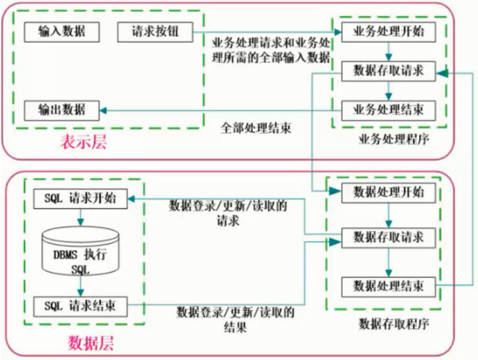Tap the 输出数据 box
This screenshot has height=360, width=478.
(62, 109)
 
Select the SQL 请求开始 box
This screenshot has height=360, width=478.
(80, 198)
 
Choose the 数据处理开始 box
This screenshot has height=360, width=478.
(388, 193)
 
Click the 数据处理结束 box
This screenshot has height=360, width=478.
(388, 286)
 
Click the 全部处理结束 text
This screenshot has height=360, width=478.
(256, 129)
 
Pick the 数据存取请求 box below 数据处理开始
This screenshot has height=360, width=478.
(388, 237)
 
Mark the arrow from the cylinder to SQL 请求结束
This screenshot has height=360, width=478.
(81, 286)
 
